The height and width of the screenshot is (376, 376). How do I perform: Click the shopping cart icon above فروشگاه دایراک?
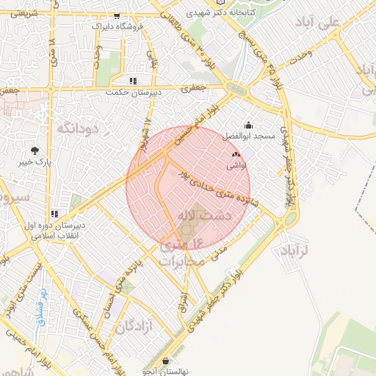(x=117, y=16)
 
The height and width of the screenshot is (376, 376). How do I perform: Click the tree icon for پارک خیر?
(x=35, y=150)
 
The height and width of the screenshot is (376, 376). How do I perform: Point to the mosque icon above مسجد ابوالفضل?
(x=247, y=125)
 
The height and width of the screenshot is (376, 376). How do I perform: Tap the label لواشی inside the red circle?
(x=236, y=167)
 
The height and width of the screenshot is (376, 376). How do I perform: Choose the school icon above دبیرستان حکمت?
(x=133, y=81)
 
